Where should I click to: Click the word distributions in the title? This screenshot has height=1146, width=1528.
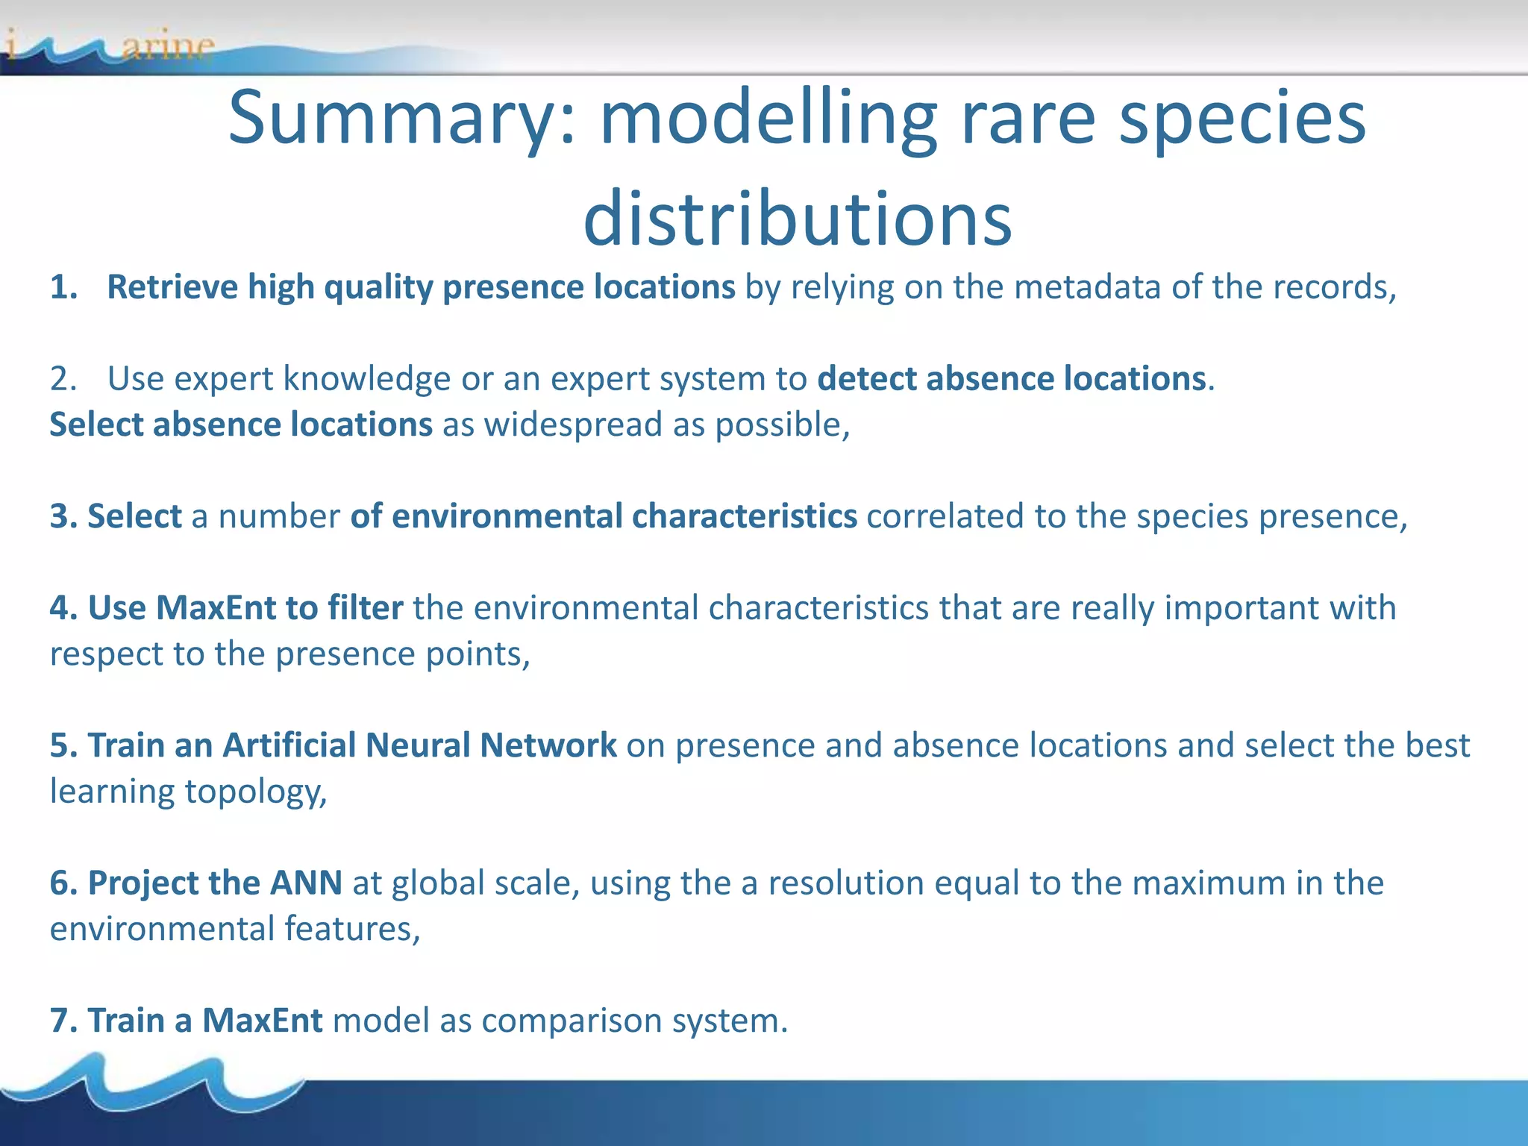coord(797,219)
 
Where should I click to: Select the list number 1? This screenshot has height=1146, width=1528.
coord(63,287)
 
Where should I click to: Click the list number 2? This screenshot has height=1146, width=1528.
coord(63,379)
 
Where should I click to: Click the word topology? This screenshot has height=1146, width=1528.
coord(255,792)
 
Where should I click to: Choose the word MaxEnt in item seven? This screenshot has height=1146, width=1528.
coord(262,1021)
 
